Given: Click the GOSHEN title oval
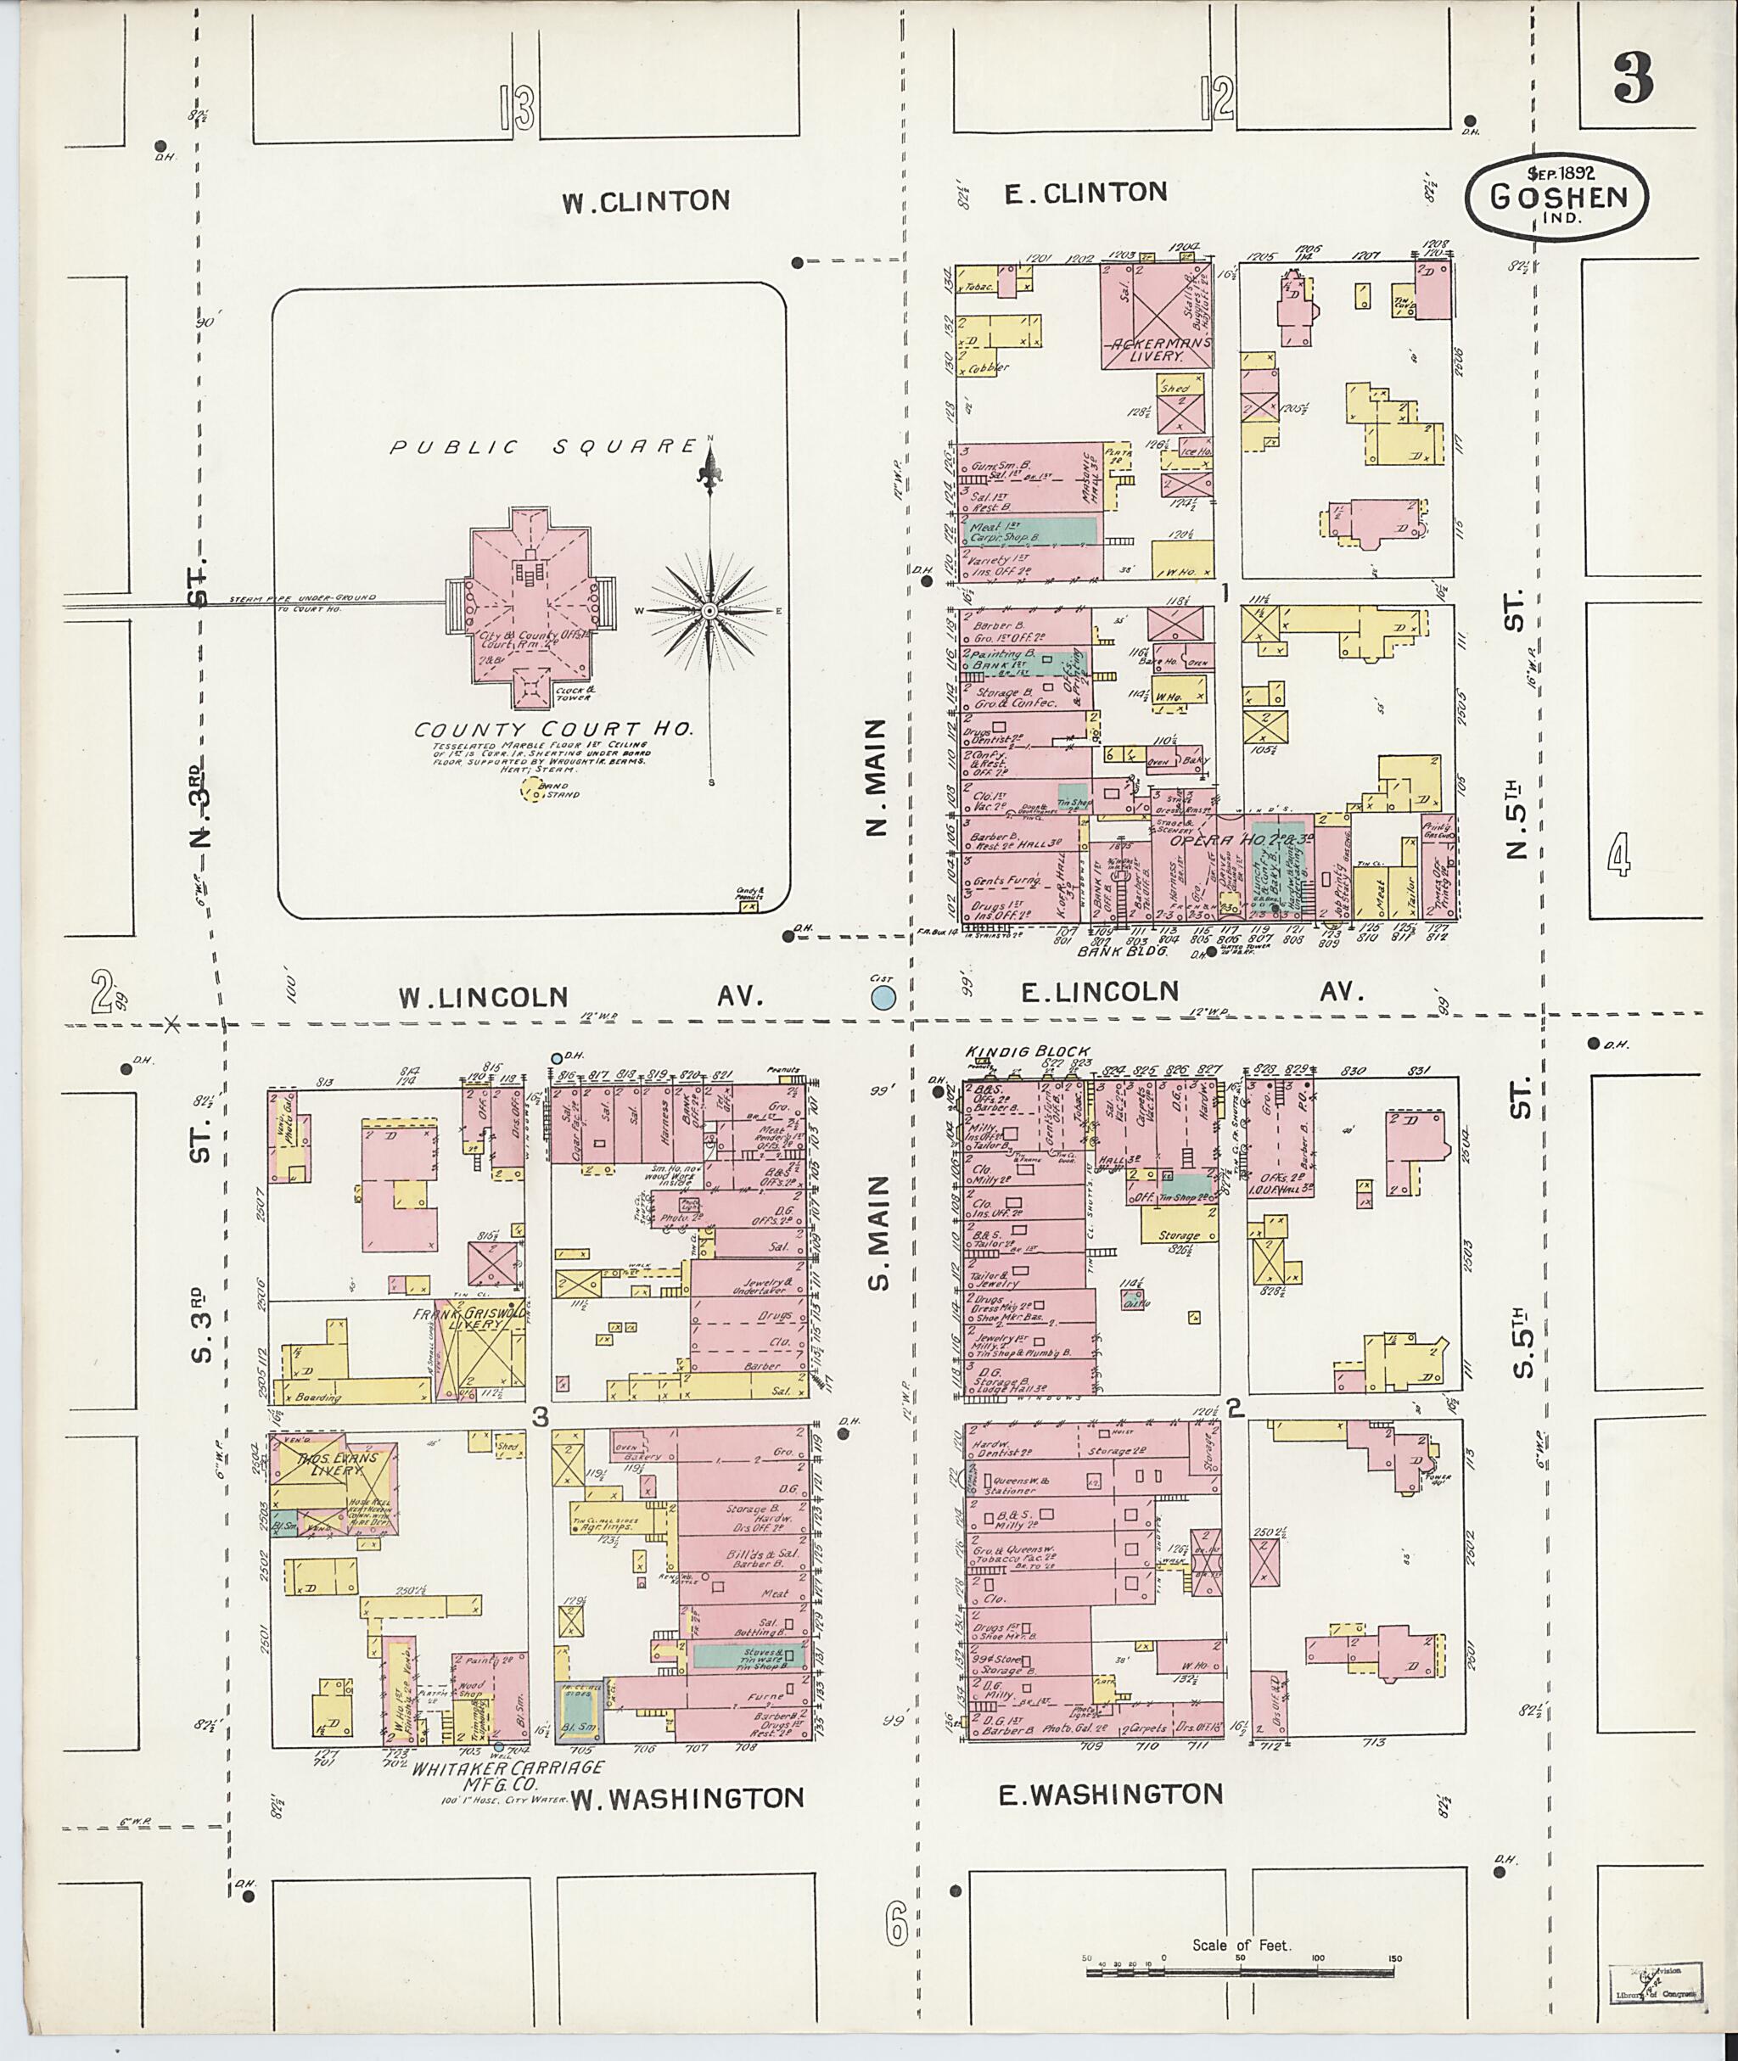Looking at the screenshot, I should (x=1556, y=200).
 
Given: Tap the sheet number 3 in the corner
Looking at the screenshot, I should (x=1633, y=80).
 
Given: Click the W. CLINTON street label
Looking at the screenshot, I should (x=647, y=201).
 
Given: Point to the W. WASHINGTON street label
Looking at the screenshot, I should (x=687, y=1798).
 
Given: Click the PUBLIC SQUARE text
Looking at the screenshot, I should (x=543, y=446).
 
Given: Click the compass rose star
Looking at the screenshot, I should (x=709, y=611).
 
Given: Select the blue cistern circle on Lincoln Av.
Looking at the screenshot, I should (x=883, y=997).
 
